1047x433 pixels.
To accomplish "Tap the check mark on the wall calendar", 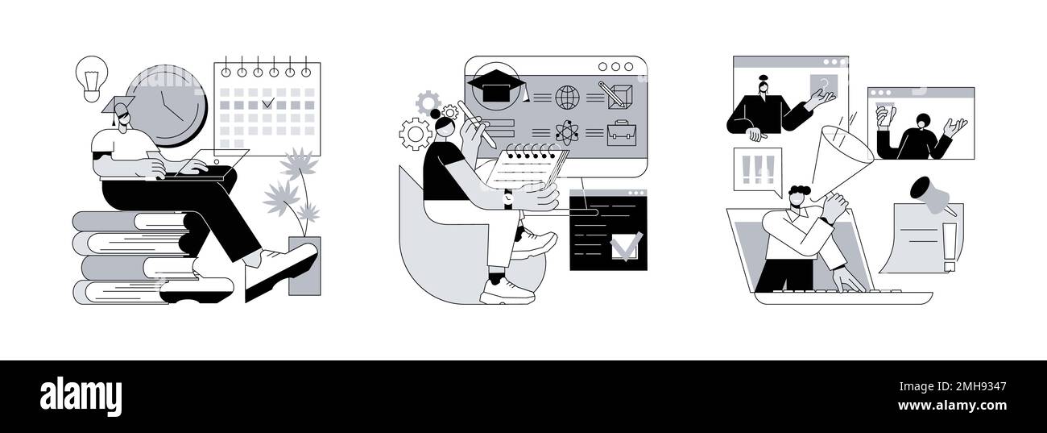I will click(x=269, y=103).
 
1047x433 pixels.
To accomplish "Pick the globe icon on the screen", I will click(x=567, y=98).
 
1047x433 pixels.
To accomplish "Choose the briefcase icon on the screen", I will click(x=622, y=132).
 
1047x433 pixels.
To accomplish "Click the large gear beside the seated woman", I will click(x=416, y=134).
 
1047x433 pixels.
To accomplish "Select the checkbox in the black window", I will click(x=626, y=245).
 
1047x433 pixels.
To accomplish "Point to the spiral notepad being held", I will click(x=523, y=169).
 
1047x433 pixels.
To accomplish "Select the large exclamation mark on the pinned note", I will click(x=948, y=246).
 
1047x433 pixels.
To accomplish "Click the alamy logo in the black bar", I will click(x=81, y=397).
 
